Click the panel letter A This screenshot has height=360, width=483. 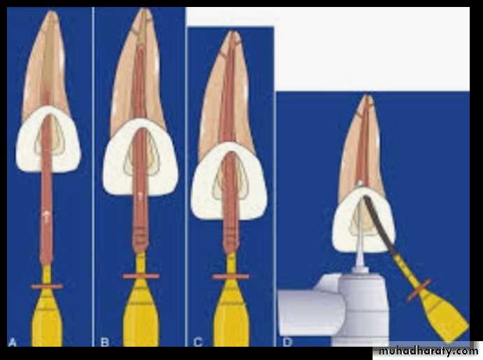tap(12, 342)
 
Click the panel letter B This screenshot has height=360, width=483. tap(105, 342)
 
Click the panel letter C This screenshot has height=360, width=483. tap(198, 342)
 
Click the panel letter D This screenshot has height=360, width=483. tap(287, 342)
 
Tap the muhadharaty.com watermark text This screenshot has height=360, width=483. tap(428, 351)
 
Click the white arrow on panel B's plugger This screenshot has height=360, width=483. tap(140, 196)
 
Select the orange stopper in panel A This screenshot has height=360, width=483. tap(47, 287)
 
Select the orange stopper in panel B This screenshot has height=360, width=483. tap(140, 276)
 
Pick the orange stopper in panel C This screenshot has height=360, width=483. tap(231, 277)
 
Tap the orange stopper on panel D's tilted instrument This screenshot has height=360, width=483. tap(418, 290)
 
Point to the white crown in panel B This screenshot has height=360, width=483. tap(140, 158)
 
